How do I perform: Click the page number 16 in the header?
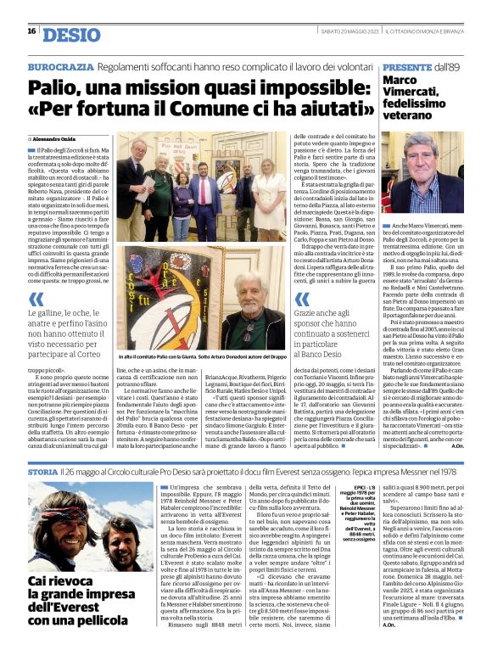31,31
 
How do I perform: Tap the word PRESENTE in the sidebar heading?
408,65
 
